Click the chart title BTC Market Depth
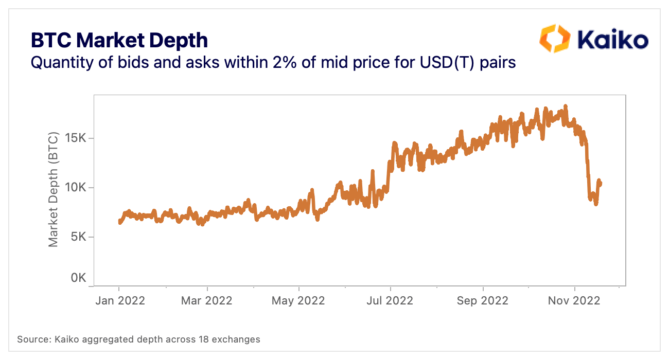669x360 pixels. click(119, 40)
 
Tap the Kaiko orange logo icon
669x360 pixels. click(554, 38)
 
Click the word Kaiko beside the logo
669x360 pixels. click(612, 39)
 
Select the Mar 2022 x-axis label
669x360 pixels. click(206, 301)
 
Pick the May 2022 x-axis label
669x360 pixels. click(298, 301)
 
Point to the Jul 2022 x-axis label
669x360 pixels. click(390, 301)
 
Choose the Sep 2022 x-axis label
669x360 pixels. click(483, 301)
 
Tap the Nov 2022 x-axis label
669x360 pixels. click(574, 301)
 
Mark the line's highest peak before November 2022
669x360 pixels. click(566, 106)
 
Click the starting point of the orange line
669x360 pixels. click(119, 222)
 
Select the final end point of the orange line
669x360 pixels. click(600, 184)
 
